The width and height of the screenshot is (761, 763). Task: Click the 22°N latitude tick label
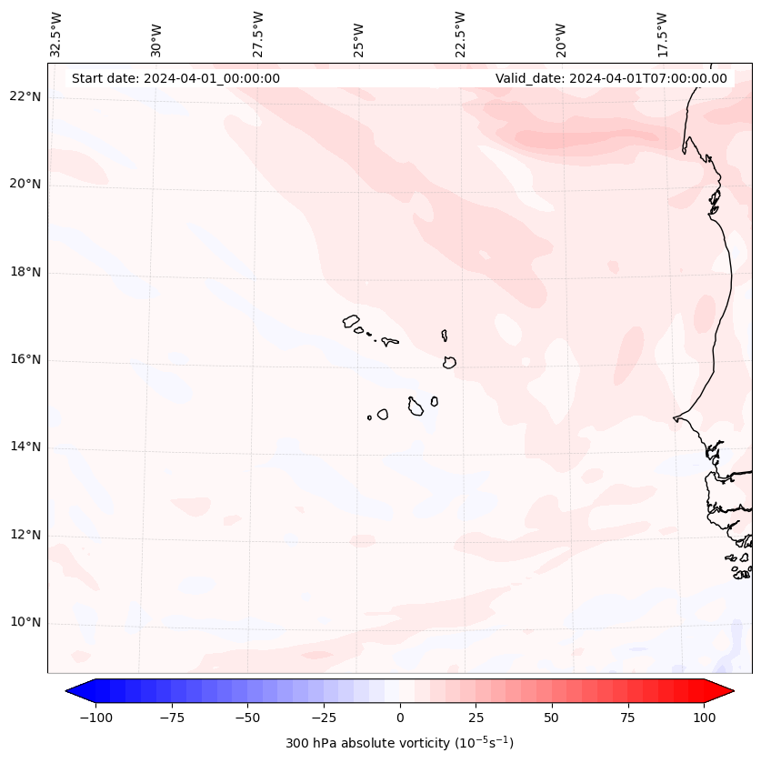[25, 97]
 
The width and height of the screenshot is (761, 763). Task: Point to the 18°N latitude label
[25, 272]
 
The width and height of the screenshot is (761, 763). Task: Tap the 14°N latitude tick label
[25, 447]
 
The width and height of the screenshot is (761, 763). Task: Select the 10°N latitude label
[25, 622]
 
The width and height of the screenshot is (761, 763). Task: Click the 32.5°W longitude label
[56, 34]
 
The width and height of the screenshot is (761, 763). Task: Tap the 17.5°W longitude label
[662, 34]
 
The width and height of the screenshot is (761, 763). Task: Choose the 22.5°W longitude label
[460, 34]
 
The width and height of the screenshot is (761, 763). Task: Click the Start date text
[175, 78]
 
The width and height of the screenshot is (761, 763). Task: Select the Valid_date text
[611, 78]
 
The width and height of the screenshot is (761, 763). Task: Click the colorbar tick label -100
[95, 718]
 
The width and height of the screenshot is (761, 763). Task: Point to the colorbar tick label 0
[400, 718]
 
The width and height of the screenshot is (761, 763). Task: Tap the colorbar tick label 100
[704, 718]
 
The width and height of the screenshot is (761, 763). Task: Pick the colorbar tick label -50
[247, 718]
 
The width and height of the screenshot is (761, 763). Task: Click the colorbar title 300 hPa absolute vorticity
[399, 743]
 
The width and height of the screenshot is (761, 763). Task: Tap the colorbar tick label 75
[627, 718]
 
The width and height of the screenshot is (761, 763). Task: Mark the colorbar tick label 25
[476, 718]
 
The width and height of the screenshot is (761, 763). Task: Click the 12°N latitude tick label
[25, 535]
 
